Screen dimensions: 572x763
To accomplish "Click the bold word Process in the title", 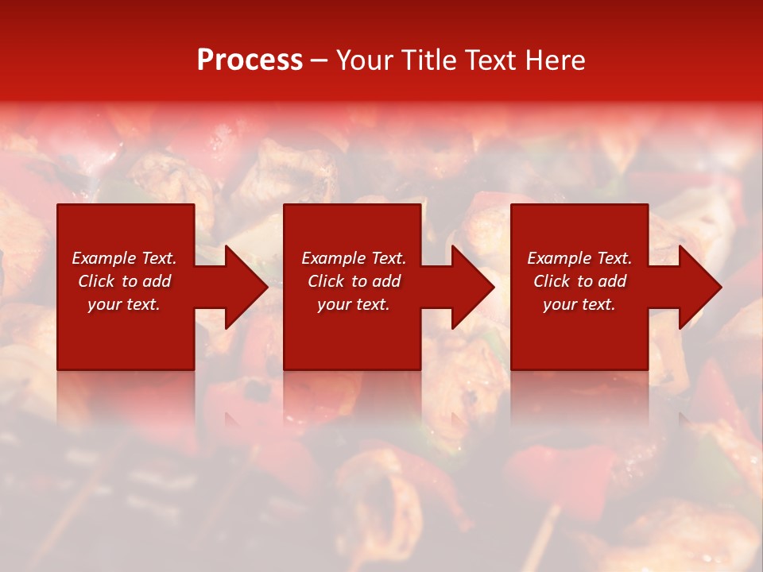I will (250, 60).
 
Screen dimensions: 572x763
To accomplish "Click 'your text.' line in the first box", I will (124, 304).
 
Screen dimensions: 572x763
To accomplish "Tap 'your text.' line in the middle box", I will (354, 304).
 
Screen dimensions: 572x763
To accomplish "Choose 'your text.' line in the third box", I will (579, 304).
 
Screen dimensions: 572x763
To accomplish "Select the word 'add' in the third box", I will (612, 281).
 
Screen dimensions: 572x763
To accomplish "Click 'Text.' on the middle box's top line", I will (387, 258).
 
